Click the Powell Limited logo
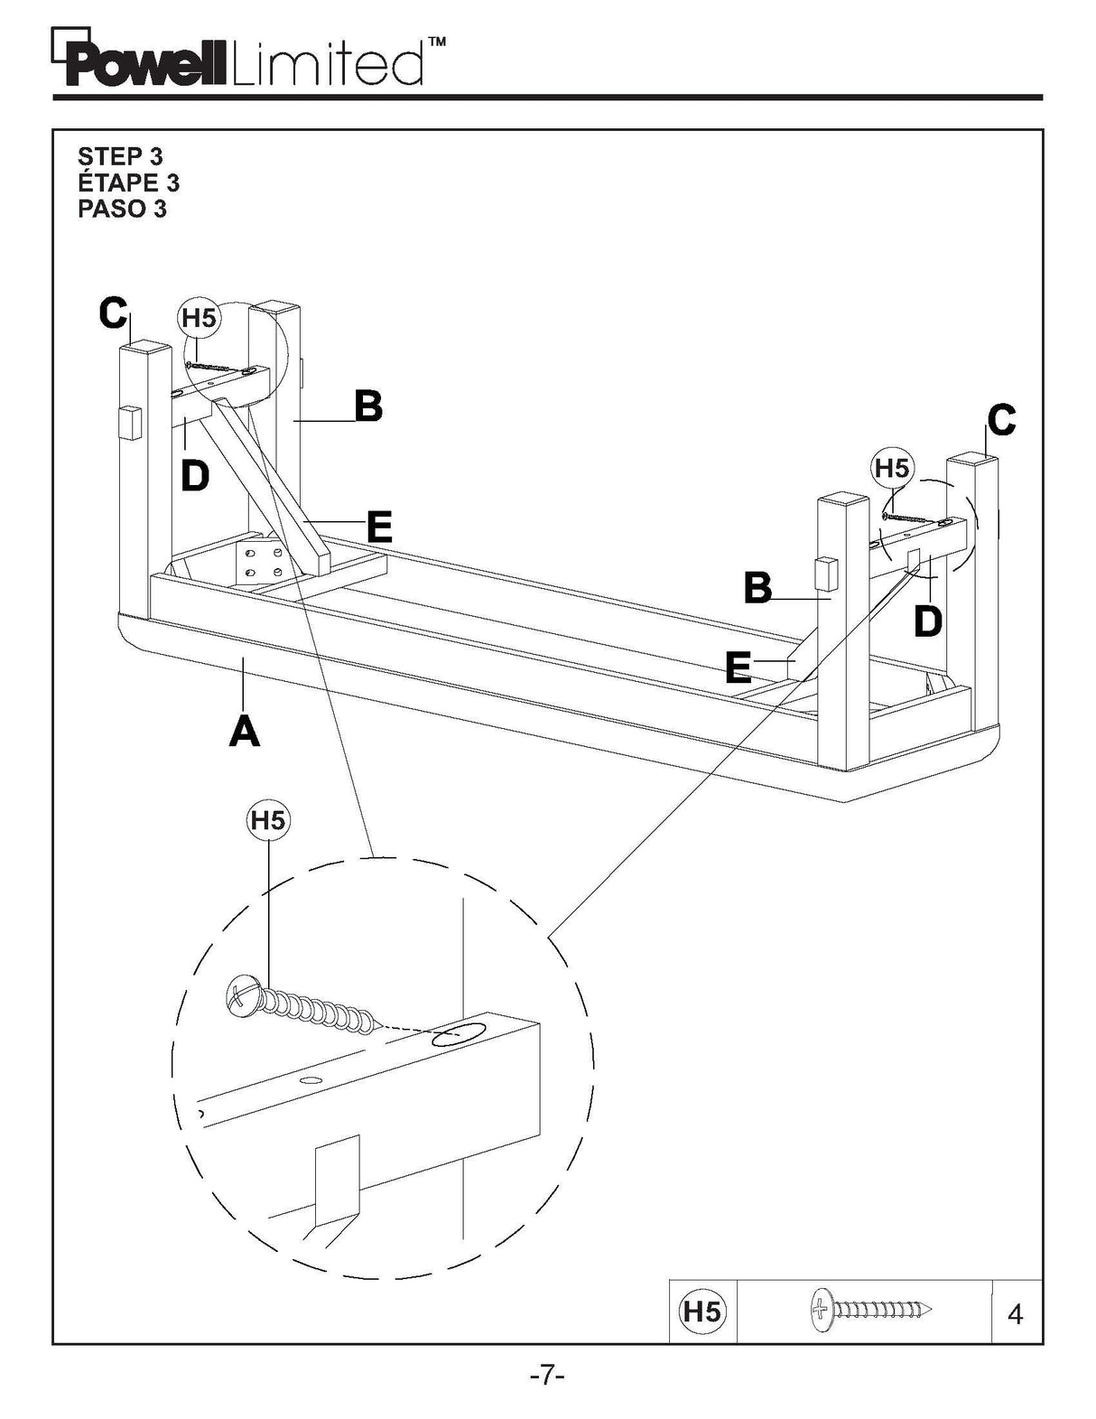(x=239, y=61)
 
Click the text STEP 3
(x=120, y=156)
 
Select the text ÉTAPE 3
(x=128, y=182)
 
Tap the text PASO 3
(x=122, y=209)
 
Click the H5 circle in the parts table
(x=701, y=1311)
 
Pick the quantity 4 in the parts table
(x=1015, y=1314)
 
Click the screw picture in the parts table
(x=871, y=1310)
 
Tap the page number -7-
(x=547, y=1376)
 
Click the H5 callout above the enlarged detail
(x=267, y=820)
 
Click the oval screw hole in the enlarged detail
(x=456, y=1036)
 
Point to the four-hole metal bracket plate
(x=263, y=562)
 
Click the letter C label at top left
(x=113, y=313)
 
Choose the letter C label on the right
(x=1001, y=420)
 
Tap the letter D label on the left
(x=195, y=476)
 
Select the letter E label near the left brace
(x=379, y=527)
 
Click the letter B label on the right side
(x=757, y=588)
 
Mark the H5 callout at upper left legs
(x=199, y=318)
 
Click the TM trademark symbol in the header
(x=436, y=42)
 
